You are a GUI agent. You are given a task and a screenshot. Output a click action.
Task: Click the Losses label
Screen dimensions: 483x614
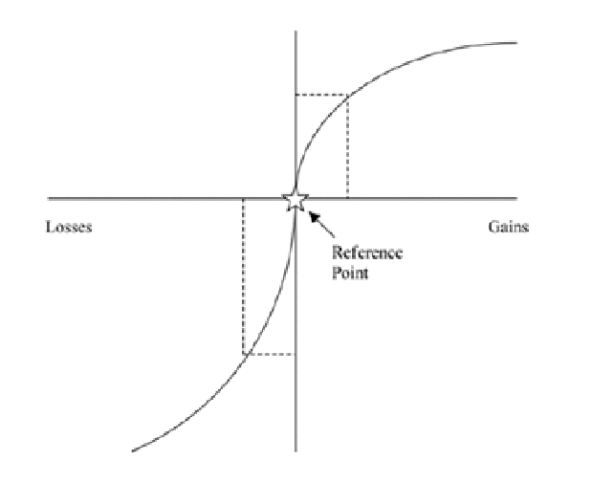point(69,228)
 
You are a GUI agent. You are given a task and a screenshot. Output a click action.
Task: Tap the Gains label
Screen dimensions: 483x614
point(508,227)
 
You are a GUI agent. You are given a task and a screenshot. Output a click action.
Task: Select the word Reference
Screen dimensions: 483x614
point(367,252)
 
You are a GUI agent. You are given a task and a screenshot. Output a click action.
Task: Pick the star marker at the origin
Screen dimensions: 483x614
point(296,199)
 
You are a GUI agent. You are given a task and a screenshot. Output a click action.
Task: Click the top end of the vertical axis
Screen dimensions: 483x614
point(296,32)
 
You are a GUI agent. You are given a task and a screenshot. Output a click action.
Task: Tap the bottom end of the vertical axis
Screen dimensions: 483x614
point(296,450)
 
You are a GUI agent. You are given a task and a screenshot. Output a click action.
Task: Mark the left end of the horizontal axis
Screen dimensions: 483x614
point(49,199)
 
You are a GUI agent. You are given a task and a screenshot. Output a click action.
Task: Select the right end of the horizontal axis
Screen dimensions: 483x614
point(517,199)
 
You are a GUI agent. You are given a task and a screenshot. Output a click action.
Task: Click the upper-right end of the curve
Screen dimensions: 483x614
point(516,42)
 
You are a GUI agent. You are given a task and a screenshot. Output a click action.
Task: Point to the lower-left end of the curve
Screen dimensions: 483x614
point(132,450)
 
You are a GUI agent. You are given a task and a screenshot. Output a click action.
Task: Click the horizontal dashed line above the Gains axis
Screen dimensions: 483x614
point(320,95)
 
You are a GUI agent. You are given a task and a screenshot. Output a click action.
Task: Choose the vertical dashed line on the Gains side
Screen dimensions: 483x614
point(347,146)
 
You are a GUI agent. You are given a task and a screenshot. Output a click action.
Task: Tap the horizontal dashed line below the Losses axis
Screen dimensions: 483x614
point(270,355)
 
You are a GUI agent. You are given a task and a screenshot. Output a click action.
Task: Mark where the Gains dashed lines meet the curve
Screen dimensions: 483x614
point(347,95)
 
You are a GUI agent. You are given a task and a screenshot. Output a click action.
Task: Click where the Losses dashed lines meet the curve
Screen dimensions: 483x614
point(244,355)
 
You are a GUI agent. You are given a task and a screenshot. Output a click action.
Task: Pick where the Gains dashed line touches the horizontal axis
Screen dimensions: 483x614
point(347,199)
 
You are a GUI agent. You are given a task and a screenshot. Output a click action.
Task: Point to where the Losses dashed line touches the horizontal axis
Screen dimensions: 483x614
point(243,199)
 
